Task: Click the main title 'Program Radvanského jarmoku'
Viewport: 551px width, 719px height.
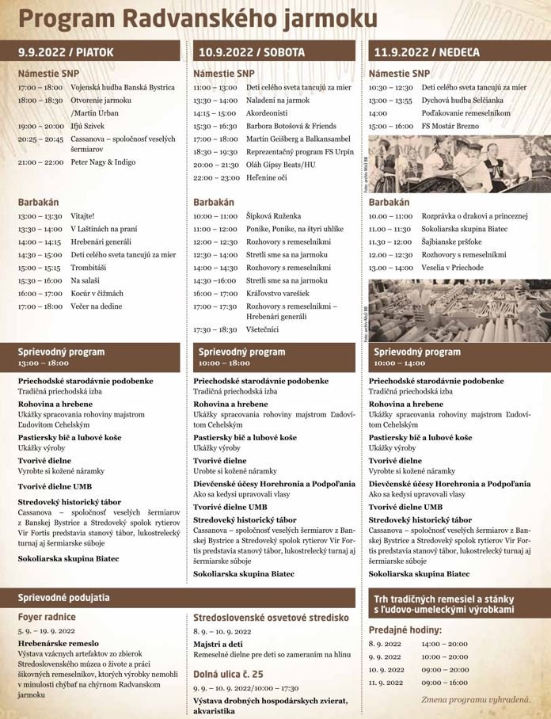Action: click(197, 19)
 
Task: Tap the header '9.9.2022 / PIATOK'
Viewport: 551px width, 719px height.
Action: click(66, 52)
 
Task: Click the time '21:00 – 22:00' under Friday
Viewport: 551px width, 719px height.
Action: click(40, 162)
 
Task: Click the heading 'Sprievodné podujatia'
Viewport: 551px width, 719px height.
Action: click(64, 597)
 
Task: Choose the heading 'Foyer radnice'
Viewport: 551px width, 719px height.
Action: click(47, 616)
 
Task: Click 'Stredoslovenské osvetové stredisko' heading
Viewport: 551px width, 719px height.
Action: click(271, 617)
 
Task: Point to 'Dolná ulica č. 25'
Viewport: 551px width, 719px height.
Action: click(228, 673)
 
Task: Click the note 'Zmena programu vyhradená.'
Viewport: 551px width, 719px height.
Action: click(476, 698)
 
